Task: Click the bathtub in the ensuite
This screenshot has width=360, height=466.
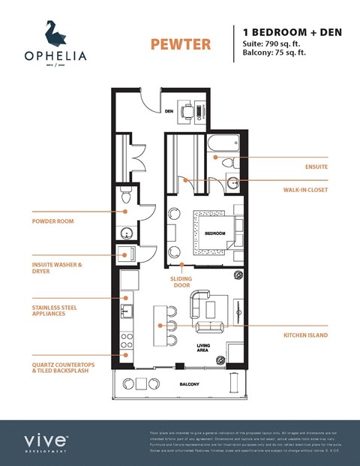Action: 224,143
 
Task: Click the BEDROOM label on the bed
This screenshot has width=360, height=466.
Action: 215,233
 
